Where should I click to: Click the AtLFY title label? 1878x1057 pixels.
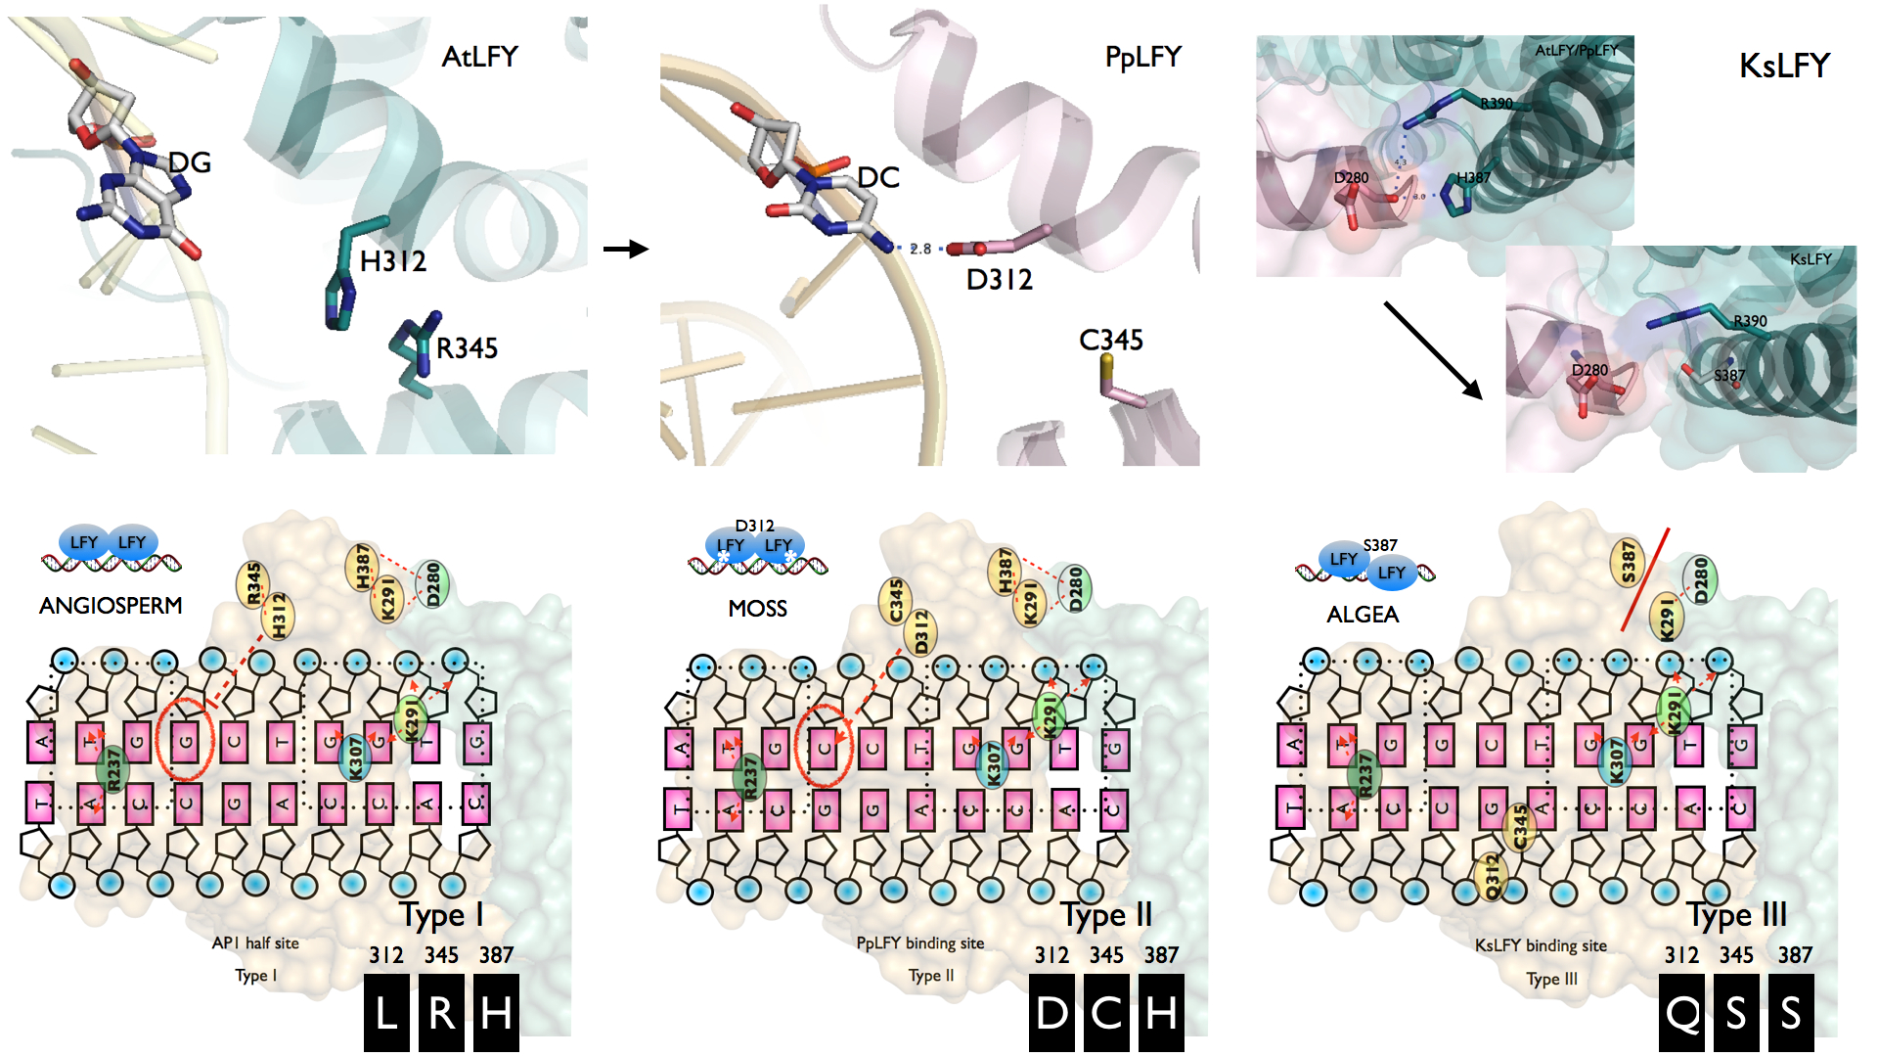point(479,57)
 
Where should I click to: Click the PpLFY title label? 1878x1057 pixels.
point(1142,57)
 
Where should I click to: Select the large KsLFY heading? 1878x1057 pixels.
point(1784,66)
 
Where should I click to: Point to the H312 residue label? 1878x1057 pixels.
point(393,261)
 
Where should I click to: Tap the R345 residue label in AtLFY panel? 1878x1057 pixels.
point(467,348)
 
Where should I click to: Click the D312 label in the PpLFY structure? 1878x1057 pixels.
point(999,280)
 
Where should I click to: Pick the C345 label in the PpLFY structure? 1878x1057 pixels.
point(1110,340)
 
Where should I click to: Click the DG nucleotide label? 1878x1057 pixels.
point(190,162)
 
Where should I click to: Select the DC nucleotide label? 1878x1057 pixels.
point(877,177)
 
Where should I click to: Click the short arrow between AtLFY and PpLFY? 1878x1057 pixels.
point(626,249)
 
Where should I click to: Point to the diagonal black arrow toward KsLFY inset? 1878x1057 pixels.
point(1432,349)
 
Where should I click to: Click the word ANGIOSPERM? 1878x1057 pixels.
point(111,606)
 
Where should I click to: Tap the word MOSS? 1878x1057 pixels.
point(757,609)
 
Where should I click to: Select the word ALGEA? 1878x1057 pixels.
point(1362,615)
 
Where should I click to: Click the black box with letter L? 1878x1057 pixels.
point(386,1013)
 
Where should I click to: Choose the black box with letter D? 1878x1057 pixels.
point(1051,1013)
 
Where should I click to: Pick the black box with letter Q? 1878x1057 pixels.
point(1682,1013)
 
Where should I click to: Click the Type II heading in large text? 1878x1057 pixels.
point(1106,915)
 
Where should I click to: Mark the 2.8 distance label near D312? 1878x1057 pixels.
point(920,249)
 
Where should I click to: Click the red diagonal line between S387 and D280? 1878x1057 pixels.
point(1645,579)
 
